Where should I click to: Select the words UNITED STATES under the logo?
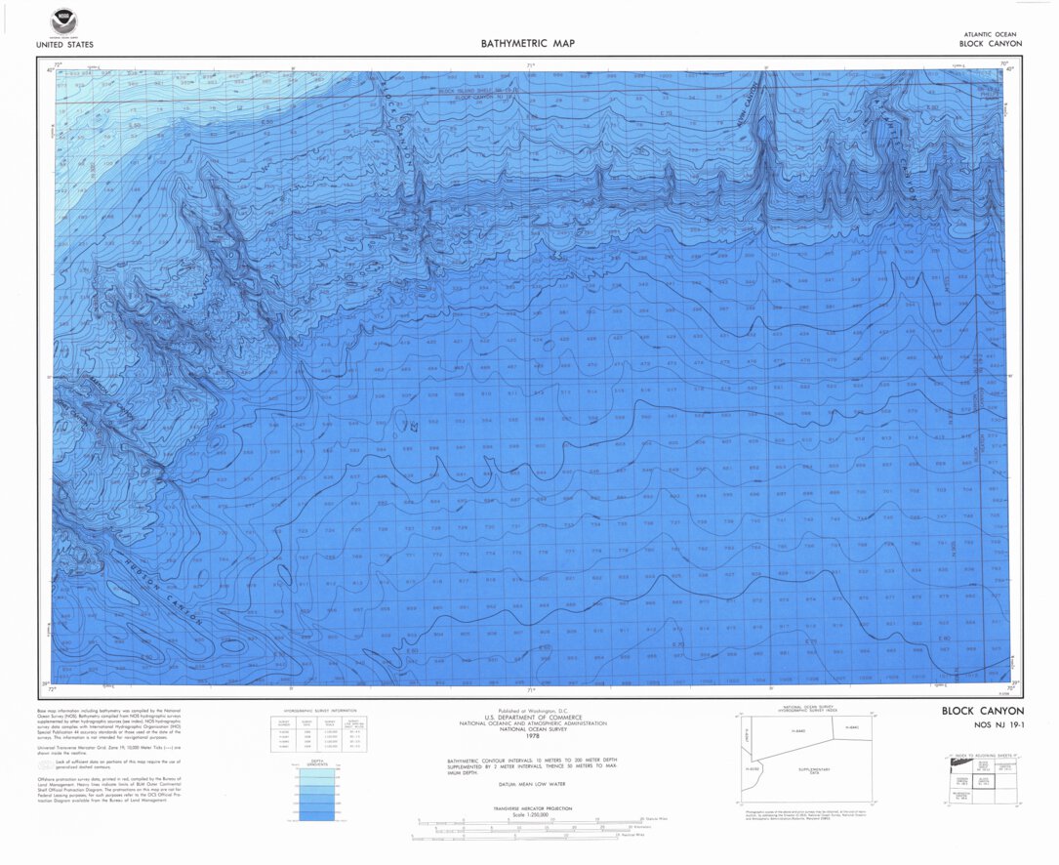(x=64, y=44)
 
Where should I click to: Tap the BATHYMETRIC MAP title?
(x=528, y=43)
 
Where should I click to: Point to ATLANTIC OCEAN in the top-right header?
(x=990, y=34)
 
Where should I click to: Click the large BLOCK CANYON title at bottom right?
(x=982, y=711)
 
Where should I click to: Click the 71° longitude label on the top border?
(x=531, y=66)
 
